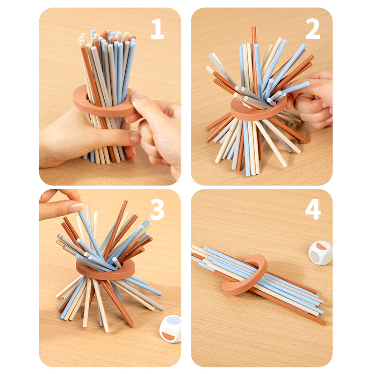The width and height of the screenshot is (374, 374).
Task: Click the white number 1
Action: click(158, 29)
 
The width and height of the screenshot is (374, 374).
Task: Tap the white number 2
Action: click(312, 29)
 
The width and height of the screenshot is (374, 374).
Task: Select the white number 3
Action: click(157, 209)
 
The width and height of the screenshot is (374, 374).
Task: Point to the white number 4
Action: click(313, 209)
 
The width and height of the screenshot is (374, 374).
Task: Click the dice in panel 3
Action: click(170, 329)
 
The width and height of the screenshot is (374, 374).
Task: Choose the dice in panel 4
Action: click(320, 253)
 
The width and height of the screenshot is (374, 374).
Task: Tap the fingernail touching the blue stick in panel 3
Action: click(77, 208)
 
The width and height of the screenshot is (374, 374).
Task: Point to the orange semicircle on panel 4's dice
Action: click(322, 246)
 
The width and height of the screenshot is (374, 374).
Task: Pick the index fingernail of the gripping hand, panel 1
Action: click(135, 137)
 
